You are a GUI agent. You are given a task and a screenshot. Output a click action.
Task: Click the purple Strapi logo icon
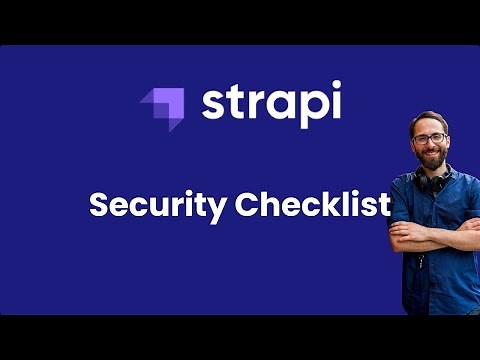click(x=163, y=107)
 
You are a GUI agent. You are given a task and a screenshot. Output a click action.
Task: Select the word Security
click(x=158, y=205)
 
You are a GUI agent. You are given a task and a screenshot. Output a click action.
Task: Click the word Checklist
click(x=313, y=204)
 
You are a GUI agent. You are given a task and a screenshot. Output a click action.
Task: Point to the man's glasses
click(x=429, y=138)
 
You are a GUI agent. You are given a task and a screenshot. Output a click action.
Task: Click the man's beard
click(x=431, y=158)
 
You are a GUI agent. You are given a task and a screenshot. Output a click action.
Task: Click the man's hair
click(x=427, y=117)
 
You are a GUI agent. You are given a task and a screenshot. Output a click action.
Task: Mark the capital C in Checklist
click(x=249, y=205)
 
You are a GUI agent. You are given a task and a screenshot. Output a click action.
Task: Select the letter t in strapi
click(x=236, y=104)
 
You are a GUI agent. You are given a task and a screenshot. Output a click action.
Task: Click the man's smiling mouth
click(x=431, y=155)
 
